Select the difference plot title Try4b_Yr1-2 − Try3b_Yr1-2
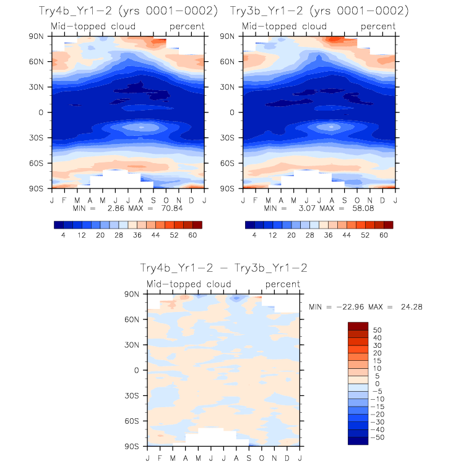click(223, 268)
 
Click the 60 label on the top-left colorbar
click(192, 235)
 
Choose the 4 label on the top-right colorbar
click(254, 235)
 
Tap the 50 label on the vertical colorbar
click(376, 330)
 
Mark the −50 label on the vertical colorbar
click(378, 437)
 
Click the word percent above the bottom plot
click(283, 284)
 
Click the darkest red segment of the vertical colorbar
click(358, 326)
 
